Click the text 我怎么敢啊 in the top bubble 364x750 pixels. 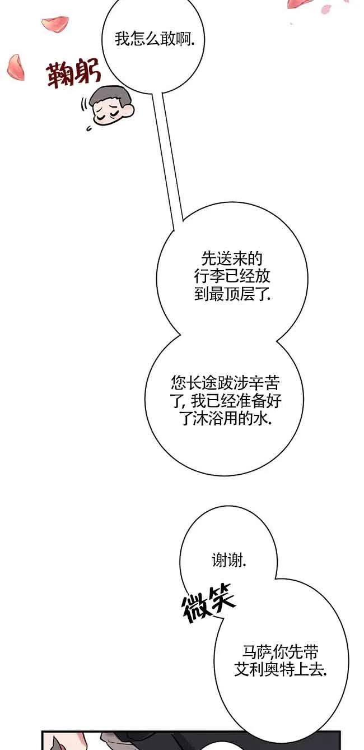pos(155,39)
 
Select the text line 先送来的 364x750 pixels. pos(231,259)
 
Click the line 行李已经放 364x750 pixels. pos(232,276)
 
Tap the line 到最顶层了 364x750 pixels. pos(232,294)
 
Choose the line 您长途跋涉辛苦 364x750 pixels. pos(225,383)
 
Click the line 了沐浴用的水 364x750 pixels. pos(225,418)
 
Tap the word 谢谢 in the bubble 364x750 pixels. pos(229,559)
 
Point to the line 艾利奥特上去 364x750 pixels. pos(280,670)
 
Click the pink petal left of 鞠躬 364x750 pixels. pos(15,67)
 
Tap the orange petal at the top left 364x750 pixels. pos(54,25)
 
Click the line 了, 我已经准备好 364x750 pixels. pos(225,400)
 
